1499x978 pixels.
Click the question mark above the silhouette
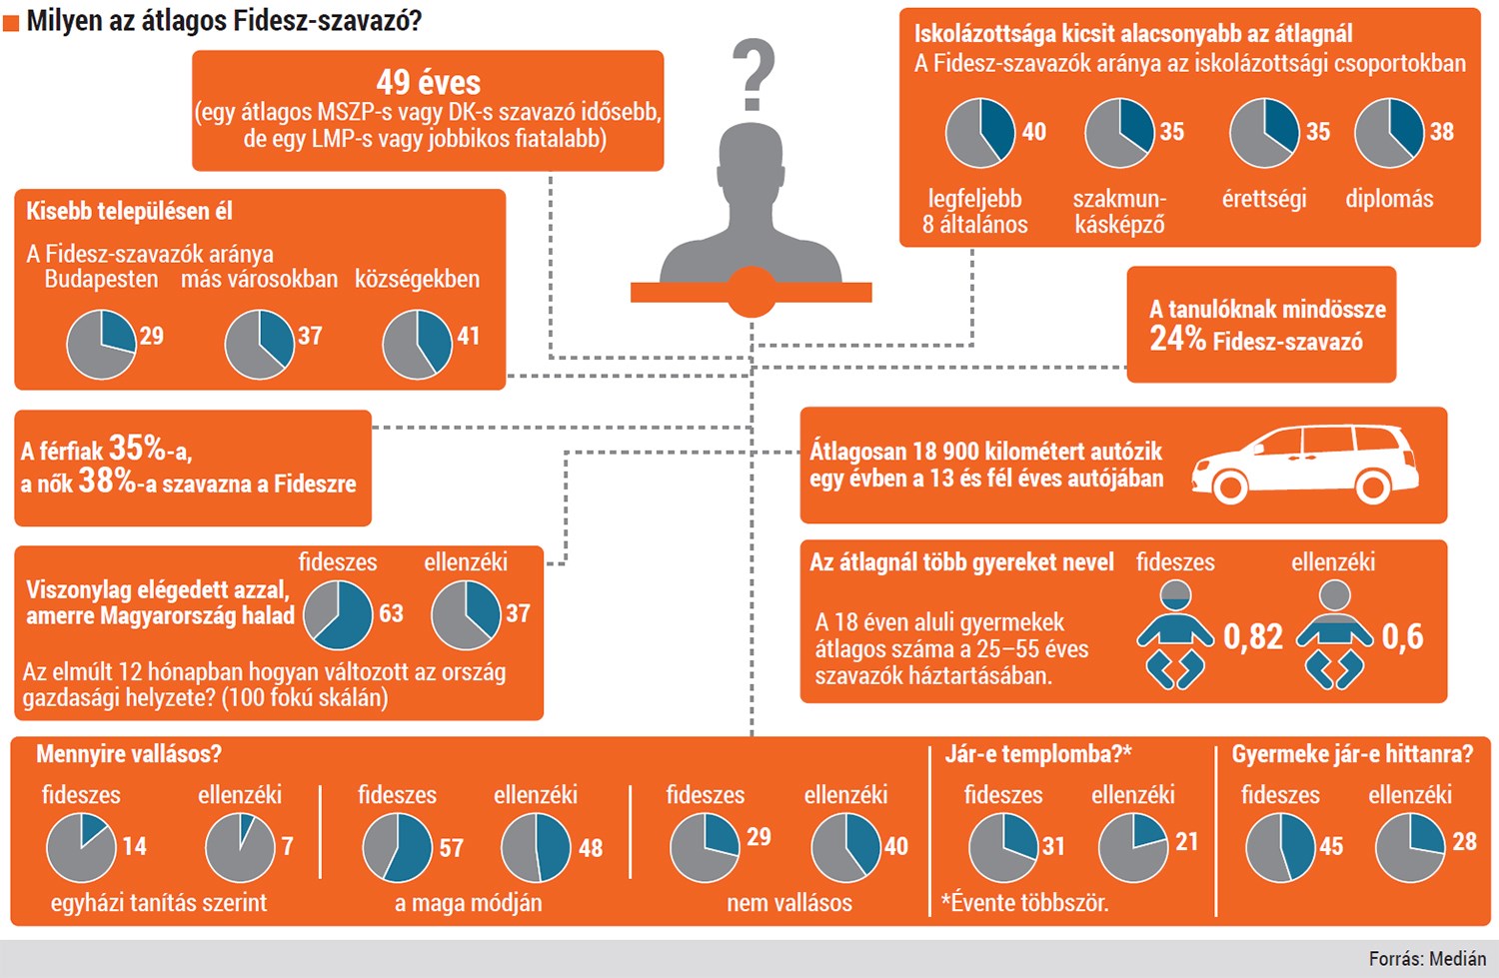point(754,74)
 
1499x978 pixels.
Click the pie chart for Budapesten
point(102,345)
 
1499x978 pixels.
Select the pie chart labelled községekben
point(417,345)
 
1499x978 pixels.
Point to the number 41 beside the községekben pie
point(469,336)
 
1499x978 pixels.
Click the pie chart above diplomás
point(1389,133)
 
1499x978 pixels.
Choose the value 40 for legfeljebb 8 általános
point(1034,132)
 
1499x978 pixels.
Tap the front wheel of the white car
point(1230,487)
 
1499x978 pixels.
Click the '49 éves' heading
point(429,82)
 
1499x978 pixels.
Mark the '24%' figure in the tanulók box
point(1178,339)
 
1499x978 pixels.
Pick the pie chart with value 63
point(338,614)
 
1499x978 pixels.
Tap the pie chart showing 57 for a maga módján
point(398,847)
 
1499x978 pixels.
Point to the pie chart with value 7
point(240,847)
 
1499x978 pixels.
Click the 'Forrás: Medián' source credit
point(1427,959)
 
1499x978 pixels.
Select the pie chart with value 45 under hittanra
point(1281,847)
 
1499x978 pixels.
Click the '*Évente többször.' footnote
point(1024,903)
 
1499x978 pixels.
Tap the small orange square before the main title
point(11,23)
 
